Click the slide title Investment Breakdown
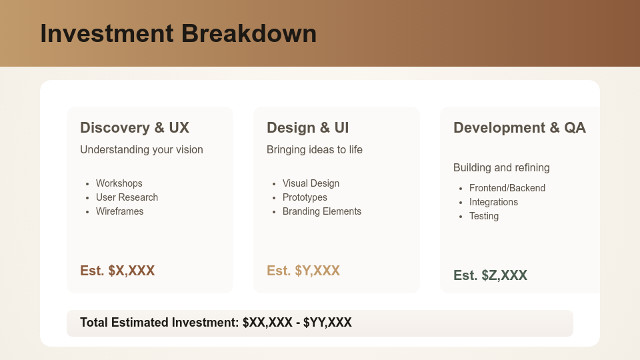178,33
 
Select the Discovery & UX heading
135,127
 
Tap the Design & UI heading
307,127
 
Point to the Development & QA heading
519,127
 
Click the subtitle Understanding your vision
141,149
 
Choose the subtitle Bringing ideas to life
315,149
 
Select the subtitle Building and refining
501,167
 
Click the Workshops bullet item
119,183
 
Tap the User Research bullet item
127,197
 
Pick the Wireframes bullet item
119,211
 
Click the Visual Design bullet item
311,183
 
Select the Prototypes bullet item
305,197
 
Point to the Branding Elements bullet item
322,211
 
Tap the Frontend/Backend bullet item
507,188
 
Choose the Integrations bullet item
493,202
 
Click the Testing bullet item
484,216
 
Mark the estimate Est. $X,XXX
117,271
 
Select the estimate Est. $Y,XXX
303,271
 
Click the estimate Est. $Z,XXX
490,275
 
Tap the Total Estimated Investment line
216,323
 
